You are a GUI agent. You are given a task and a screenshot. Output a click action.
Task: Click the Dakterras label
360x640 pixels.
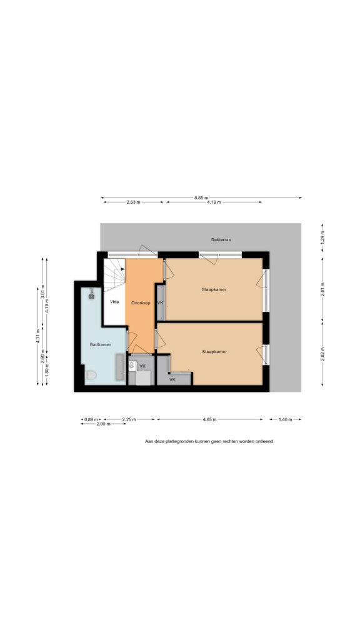[x=221, y=240]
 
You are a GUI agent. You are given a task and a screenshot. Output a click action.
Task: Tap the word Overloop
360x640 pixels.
[x=141, y=303]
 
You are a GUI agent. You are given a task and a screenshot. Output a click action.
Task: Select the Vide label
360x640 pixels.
[x=115, y=302]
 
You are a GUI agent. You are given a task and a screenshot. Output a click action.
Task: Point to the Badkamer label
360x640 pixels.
[x=101, y=345]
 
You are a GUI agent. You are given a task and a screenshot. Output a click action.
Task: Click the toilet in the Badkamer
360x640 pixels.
[x=90, y=374]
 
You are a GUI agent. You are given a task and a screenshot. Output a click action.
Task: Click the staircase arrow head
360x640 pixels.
[x=122, y=269]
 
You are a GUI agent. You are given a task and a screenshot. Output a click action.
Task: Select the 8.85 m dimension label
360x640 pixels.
[x=201, y=198]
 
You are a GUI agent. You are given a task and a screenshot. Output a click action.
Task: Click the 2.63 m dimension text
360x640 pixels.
[x=133, y=202]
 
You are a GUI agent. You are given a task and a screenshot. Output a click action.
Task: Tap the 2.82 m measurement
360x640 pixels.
[x=322, y=354]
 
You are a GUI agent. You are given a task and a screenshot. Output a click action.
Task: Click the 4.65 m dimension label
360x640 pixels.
[x=209, y=419]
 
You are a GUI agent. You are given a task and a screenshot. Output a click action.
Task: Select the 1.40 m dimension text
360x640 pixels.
[x=285, y=419]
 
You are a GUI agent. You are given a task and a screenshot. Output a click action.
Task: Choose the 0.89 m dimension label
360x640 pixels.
[x=91, y=419]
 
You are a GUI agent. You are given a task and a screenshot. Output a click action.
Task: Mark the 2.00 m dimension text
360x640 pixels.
[x=103, y=424]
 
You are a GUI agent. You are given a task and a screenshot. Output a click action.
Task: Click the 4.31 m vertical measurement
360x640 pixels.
[x=38, y=336]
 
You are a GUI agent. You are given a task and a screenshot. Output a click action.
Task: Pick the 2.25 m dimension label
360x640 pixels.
[x=129, y=419]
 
